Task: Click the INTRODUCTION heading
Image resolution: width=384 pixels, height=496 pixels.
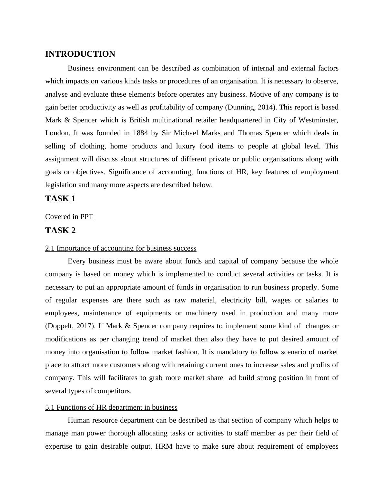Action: click(80, 54)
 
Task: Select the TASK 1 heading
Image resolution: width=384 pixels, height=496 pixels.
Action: click(60, 199)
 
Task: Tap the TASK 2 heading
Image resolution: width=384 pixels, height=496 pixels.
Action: click(60, 231)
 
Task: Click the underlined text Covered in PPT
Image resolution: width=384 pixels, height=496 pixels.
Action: click(69, 217)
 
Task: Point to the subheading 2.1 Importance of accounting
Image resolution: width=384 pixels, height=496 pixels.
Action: click(121, 248)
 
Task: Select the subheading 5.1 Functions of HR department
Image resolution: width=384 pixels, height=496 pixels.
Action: click(111, 407)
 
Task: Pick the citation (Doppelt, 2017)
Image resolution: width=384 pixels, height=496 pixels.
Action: click(70, 326)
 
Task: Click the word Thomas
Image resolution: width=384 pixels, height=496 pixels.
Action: click(248, 133)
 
